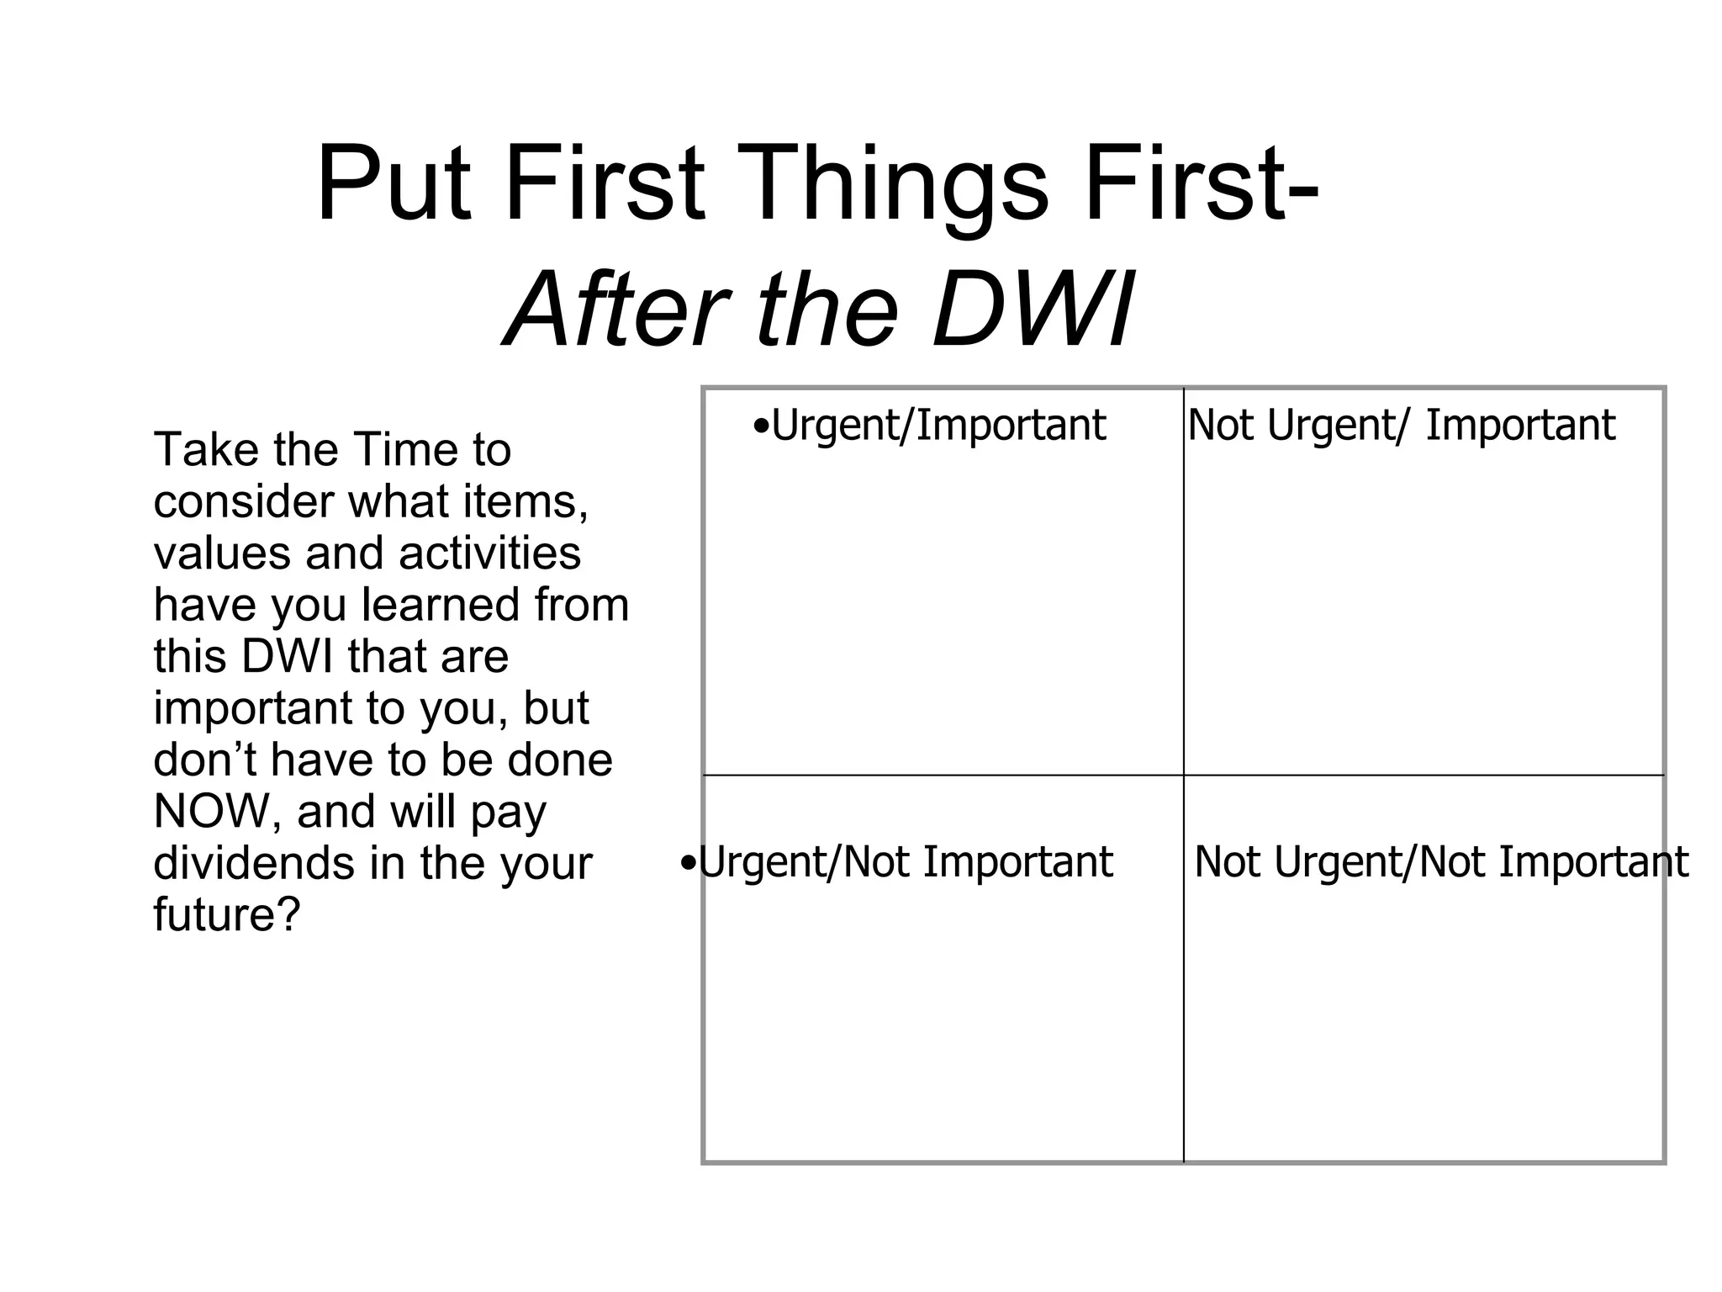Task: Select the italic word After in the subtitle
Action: [617, 310]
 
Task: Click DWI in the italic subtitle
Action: [1033, 310]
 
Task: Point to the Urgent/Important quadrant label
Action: [938, 425]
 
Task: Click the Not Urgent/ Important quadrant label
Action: [1401, 425]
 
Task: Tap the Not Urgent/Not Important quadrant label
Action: [1440, 862]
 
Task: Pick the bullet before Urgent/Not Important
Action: [688, 863]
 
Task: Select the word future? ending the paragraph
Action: [226, 915]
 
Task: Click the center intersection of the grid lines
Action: [1183, 775]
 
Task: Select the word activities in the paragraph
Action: [489, 553]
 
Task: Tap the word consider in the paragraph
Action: [243, 502]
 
